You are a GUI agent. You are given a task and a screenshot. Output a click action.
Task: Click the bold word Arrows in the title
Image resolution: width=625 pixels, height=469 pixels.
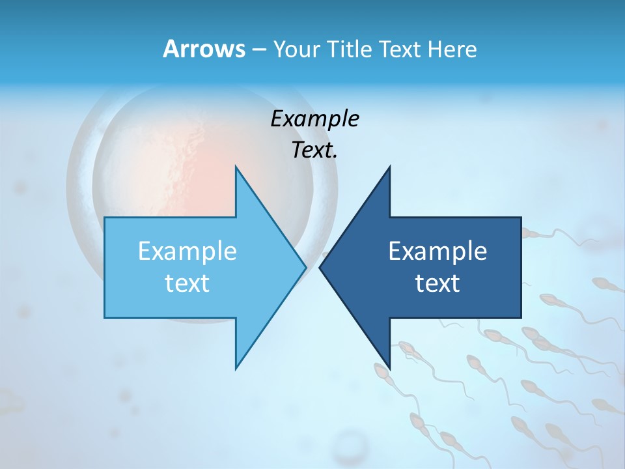click(x=203, y=49)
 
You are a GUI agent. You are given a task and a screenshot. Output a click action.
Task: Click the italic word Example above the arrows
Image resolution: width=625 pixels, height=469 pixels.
click(x=315, y=119)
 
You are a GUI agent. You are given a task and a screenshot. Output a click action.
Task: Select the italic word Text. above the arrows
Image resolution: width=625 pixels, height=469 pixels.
click(x=314, y=150)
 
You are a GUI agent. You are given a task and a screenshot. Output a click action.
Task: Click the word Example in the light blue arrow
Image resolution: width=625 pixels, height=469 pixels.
click(x=187, y=251)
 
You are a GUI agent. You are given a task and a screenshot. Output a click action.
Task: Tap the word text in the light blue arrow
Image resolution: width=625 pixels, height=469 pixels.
click(x=187, y=283)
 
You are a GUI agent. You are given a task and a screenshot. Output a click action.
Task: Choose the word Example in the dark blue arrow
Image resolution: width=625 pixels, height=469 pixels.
click(x=437, y=251)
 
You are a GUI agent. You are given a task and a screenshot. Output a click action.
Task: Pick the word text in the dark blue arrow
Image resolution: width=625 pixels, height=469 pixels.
click(x=437, y=283)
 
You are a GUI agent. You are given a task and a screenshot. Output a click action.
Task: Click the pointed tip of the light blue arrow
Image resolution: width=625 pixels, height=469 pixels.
click(x=305, y=267)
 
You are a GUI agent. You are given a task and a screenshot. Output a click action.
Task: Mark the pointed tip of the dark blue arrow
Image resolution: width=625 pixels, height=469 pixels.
click(x=320, y=267)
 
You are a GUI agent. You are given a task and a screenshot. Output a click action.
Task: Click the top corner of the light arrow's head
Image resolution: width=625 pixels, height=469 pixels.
click(x=236, y=167)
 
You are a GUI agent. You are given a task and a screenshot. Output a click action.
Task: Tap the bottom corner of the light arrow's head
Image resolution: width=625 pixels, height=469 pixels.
click(x=236, y=369)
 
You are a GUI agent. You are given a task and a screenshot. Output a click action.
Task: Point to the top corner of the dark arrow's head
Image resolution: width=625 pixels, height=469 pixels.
click(x=389, y=167)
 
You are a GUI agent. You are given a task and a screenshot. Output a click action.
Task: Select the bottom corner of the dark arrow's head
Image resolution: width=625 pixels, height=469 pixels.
click(x=389, y=369)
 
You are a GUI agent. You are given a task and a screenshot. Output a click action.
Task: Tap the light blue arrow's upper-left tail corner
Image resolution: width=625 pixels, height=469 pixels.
click(x=105, y=218)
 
